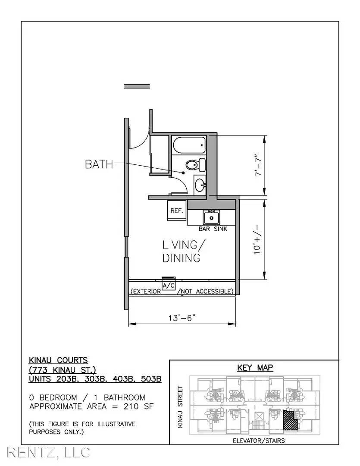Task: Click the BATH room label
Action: (x=99, y=164)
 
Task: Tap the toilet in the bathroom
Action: (x=196, y=165)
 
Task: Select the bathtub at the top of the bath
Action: (x=189, y=145)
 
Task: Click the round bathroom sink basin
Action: (x=200, y=186)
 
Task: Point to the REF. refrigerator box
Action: (x=177, y=211)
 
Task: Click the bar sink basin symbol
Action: (x=212, y=217)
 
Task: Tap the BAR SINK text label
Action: (x=213, y=229)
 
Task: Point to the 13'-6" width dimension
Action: (x=182, y=318)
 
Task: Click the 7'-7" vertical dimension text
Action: (x=259, y=165)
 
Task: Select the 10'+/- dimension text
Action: (x=257, y=239)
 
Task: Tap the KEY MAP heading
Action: (x=255, y=368)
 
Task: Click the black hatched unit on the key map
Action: (x=290, y=420)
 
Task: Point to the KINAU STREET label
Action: (x=180, y=407)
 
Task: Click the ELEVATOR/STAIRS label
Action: (x=259, y=441)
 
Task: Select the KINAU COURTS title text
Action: (x=58, y=360)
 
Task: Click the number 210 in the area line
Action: (x=131, y=406)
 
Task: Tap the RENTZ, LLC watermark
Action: (x=48, y=452)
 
